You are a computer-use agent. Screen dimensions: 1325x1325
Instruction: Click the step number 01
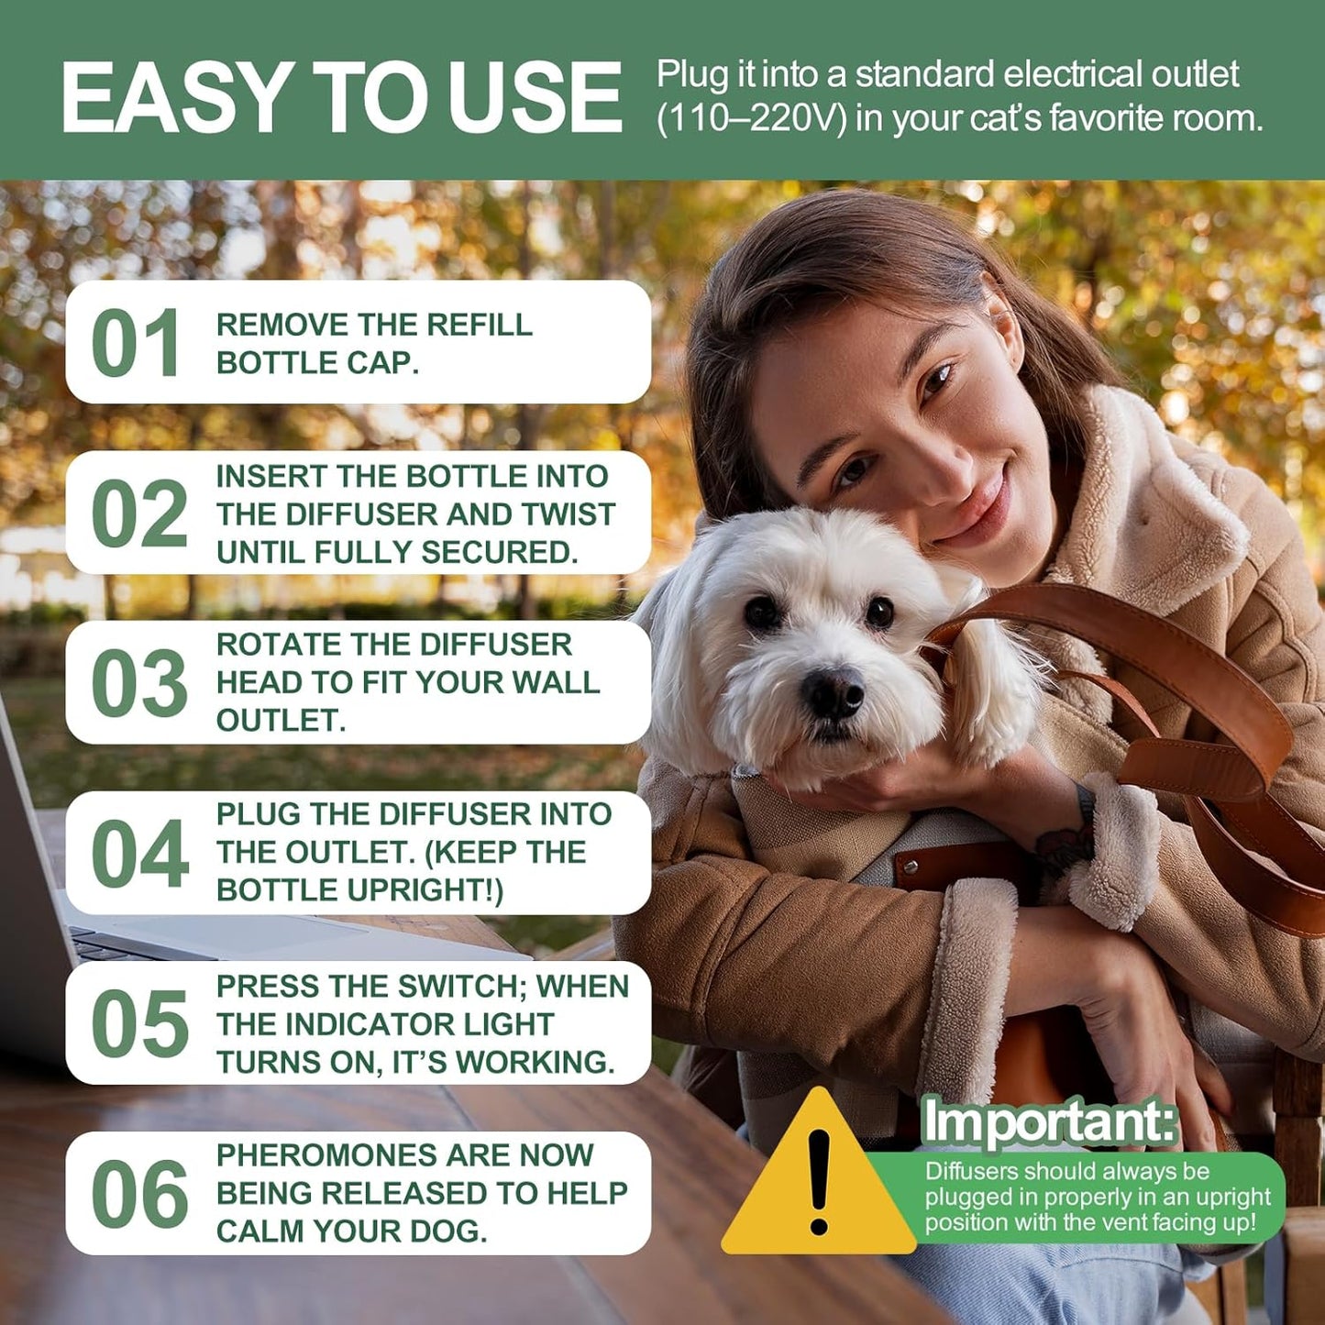136,343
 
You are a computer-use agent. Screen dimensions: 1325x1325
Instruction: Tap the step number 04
139,854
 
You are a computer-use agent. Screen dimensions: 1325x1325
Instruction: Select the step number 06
139,1194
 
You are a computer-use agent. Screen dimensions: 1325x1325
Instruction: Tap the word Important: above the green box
1049,1121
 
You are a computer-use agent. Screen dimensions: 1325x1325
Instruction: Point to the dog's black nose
833,690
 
